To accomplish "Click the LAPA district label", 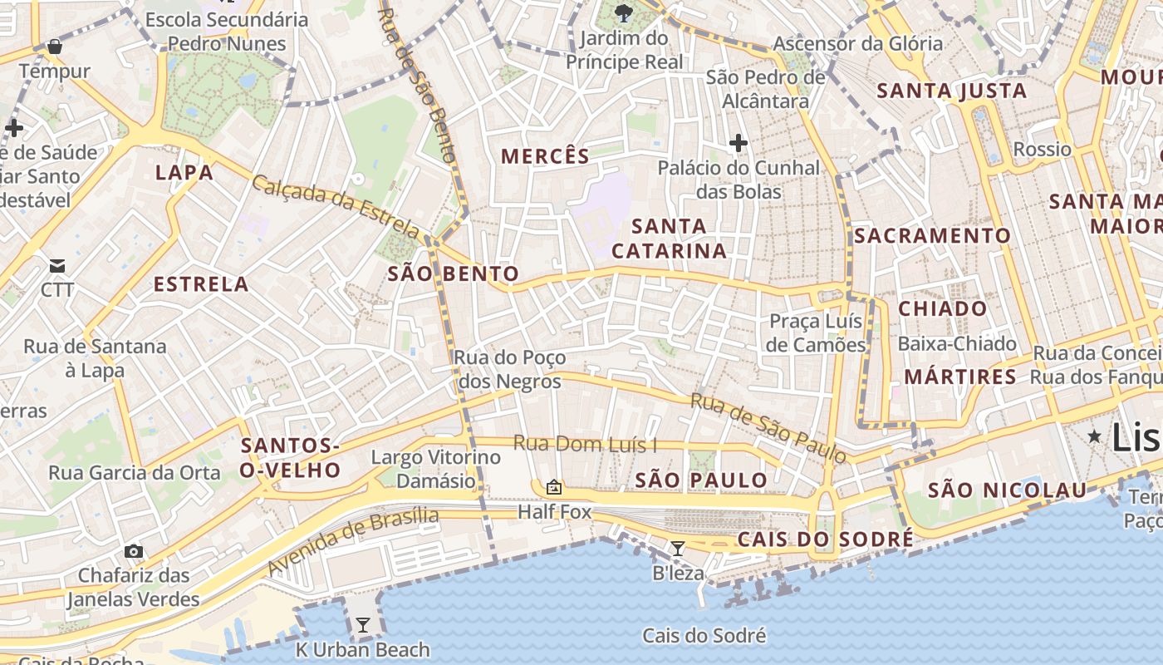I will point(184,173).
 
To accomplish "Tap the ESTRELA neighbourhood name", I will point(201,284).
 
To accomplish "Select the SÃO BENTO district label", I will point(453,273).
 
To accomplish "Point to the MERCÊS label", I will point(545,156).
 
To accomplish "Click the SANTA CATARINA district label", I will point(669,239).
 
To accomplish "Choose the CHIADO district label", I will point(943,309).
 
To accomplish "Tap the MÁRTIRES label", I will point(960,377).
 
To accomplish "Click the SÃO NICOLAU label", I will point(1007,490).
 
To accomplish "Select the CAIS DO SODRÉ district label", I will point(826,540).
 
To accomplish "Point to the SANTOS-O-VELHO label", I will point(291,458).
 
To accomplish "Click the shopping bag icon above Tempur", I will point(55,47).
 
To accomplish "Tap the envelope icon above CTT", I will point(57,266).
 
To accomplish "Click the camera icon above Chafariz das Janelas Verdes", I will point(133,551).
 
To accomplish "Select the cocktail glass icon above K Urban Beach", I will point(362,625).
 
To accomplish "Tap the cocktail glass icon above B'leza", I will point(678,548).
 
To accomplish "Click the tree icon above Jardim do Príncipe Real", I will point(623,13).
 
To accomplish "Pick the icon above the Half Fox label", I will point(554,487).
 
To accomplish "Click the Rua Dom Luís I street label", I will point(585,444).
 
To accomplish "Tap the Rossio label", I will point(1043,150).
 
